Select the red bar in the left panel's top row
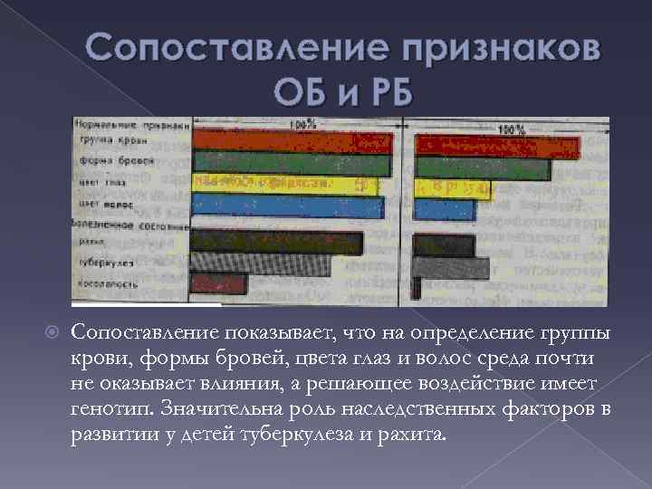pyautogui.click(x=292, y=141)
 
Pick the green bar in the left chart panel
pyautogui.click(x=292, y=163)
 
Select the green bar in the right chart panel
pyautogui.click(x=482, y=168)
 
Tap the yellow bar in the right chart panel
pyautogui.click(x=453, y=188)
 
